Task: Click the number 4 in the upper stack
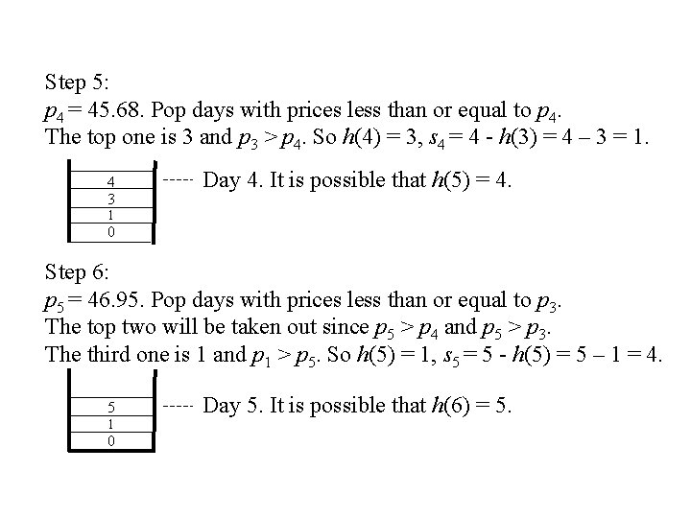click(111, 181)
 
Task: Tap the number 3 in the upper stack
click(111, 198)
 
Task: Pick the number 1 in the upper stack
click(111, 215)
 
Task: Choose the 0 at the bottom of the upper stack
click(111, 232)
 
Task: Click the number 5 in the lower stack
click(111, 407)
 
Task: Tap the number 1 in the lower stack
click(111, 424)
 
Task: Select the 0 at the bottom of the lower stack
click(111, 440)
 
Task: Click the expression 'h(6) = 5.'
click(483, 407)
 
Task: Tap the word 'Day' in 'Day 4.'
click(223, 180)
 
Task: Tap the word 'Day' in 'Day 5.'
click(223, 407)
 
